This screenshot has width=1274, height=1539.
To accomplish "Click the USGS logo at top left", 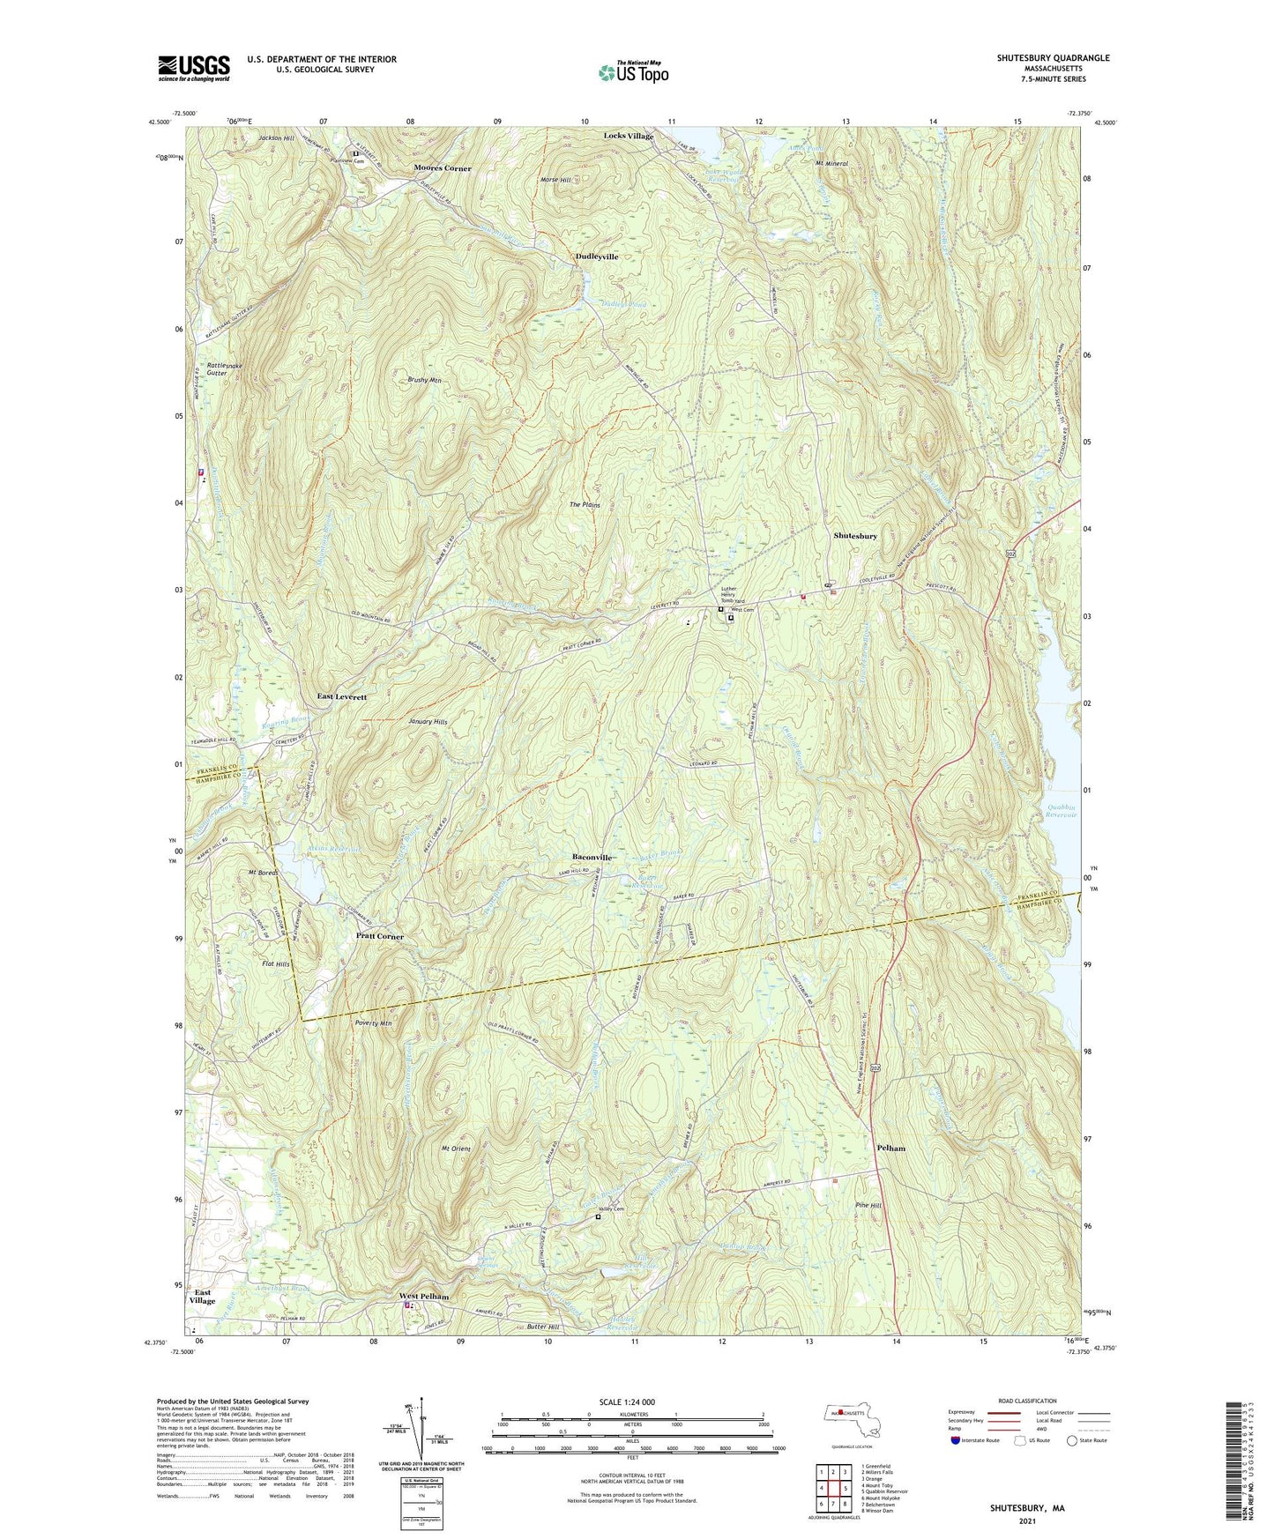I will [194, 68].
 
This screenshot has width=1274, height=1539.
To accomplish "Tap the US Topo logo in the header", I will [632, 72].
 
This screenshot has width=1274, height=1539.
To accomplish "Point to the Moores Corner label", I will [443, 168].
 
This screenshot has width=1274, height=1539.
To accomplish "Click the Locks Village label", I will [629, 137].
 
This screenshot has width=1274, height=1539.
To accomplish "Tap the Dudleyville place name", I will [597, 256].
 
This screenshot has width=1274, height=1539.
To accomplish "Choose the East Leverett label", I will [341, 696].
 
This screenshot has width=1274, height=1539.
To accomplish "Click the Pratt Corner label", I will [379, 936].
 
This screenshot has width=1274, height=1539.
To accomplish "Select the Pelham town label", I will [890, 1149].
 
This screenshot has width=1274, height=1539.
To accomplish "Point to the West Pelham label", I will [424, 1297].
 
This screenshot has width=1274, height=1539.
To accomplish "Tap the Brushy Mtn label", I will [424, 381].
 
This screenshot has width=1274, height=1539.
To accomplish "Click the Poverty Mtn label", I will [372, 1024].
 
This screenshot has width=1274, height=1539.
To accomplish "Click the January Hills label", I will [428, 722].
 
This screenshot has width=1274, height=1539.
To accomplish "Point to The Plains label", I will [585, 505].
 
